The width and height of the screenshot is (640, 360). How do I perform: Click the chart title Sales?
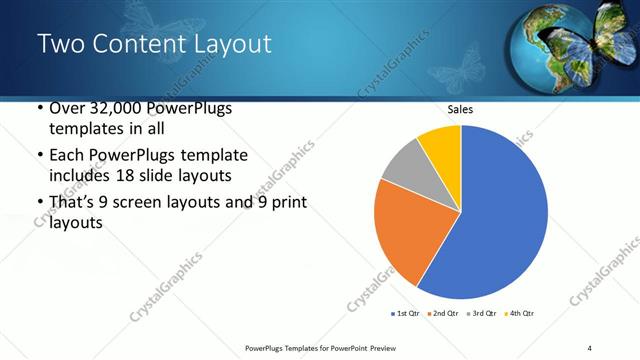click(460, 110)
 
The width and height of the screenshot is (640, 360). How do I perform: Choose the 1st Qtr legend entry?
click(409, 313)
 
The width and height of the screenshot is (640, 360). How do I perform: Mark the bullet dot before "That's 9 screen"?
click(39, 203)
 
